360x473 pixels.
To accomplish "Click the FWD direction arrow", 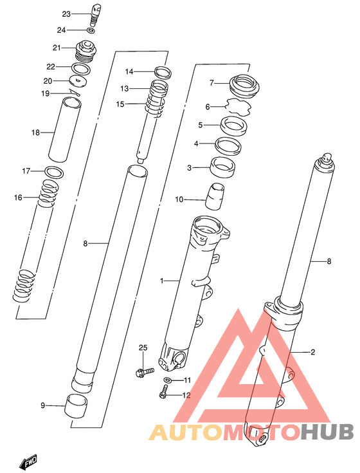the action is (x=28, y=461).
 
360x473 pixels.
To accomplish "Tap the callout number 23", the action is (x=66, y=14).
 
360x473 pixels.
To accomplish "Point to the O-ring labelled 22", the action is (x=82, y=69).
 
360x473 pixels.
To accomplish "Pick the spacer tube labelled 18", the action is (x=65, y=130).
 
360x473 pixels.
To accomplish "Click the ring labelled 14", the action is (x=163, y=72).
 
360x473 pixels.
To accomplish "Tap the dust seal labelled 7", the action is (x=244, y=86).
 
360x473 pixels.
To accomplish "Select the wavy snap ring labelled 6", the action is (x=239, y=106).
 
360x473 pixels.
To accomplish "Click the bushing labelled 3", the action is (x=222, y=167).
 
